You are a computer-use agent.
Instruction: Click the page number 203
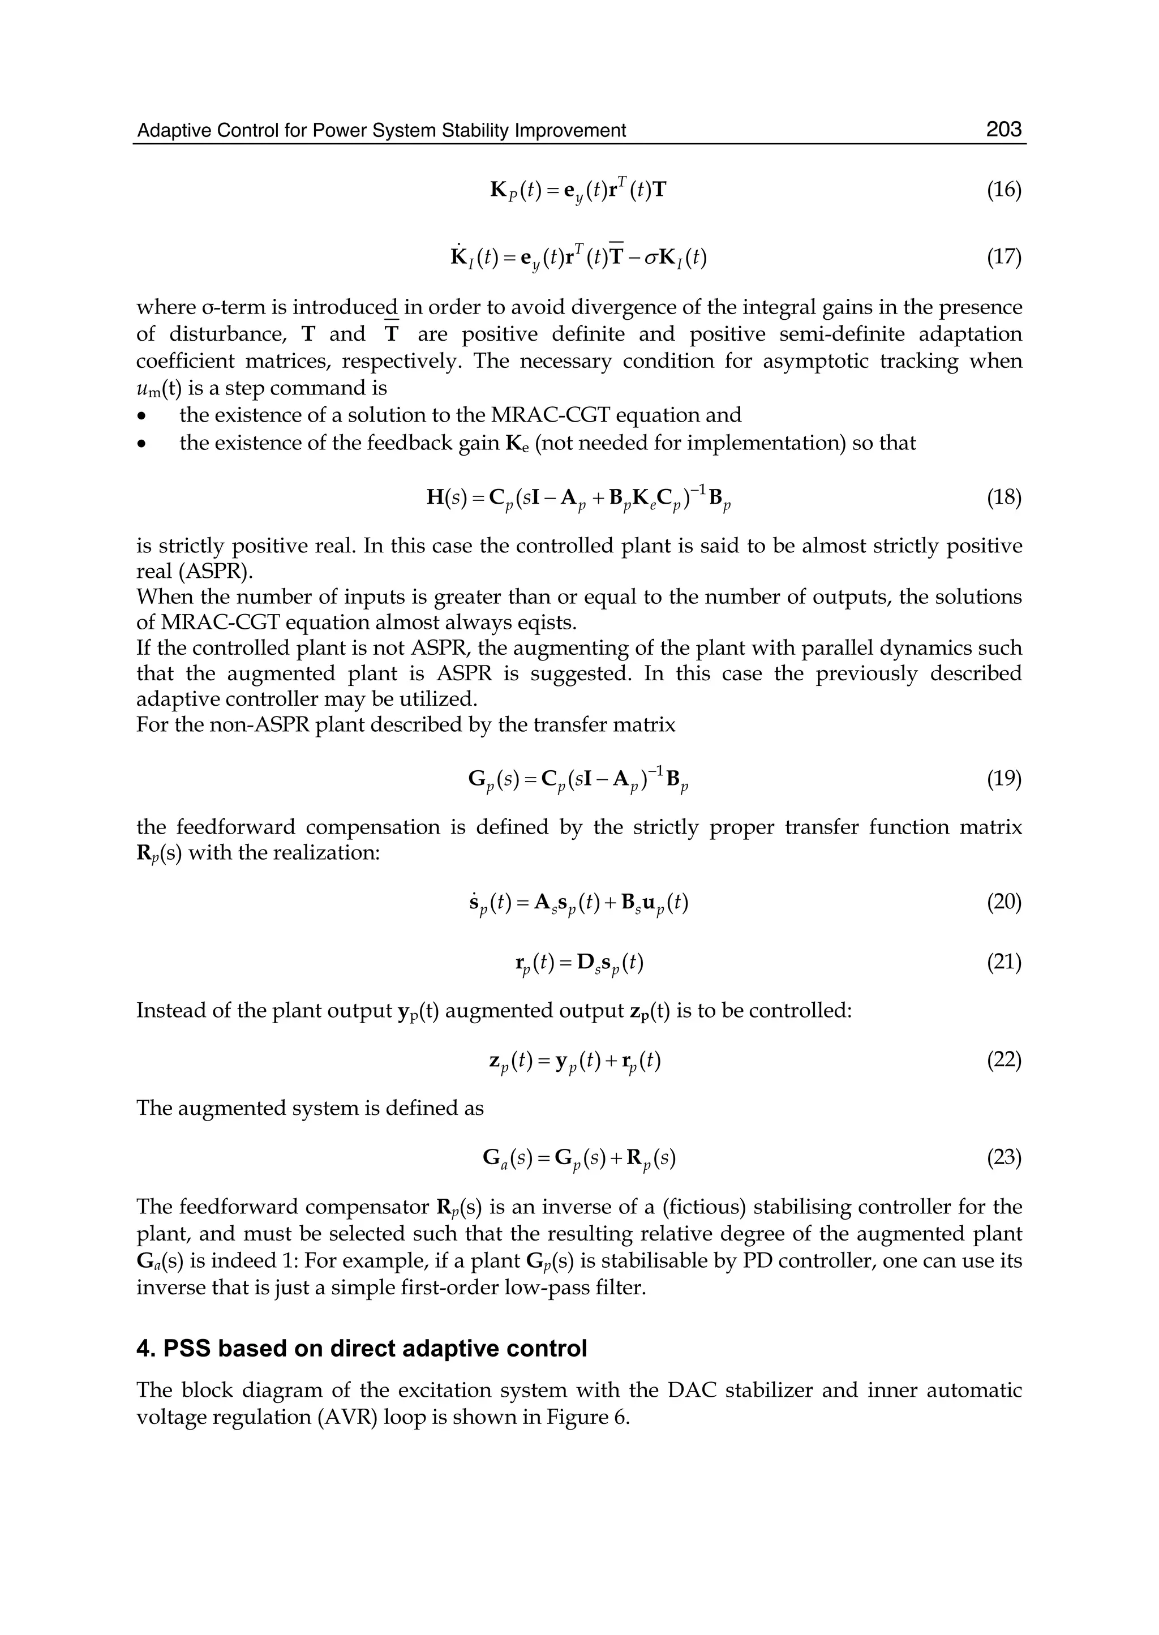[1003, 130]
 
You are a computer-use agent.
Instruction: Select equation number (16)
[1004, 191]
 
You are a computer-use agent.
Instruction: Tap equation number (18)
[1004, 497]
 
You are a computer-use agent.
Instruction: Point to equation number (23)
[1004, 1157]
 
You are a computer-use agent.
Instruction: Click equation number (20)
[1004, 903]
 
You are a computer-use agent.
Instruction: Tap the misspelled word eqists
[542, 623]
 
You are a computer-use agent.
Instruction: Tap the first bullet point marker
[143, 416]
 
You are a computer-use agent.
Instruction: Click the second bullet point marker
[143, 444]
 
